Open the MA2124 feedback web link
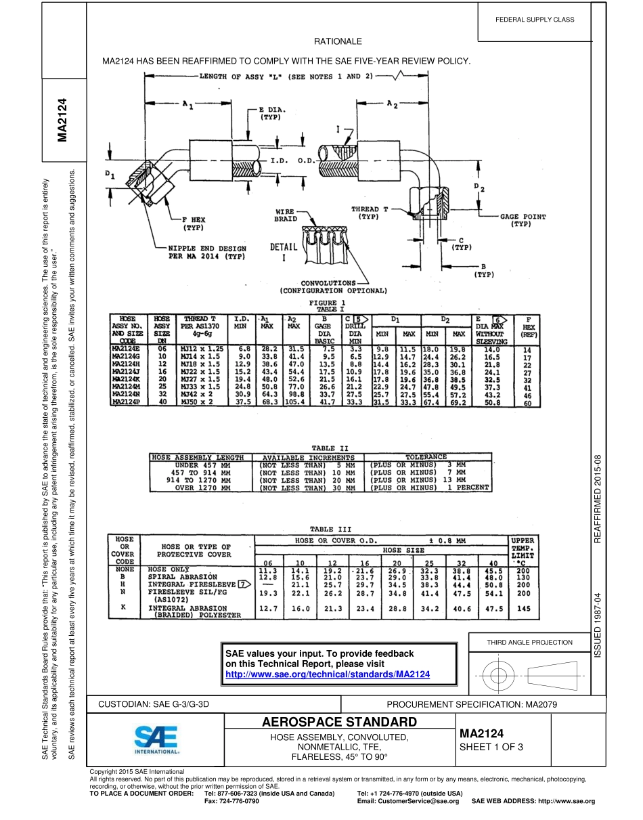pos(327,675)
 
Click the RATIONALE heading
pos(338,42)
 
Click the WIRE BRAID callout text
pos(286,215)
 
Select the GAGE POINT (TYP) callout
pos(523,220)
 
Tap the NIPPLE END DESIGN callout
pos(206,253)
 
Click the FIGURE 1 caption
pos(328,302)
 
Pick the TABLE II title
pos(330,448)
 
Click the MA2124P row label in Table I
pos(126,402)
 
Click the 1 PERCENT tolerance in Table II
pos(466,488)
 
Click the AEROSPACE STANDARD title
pos(339,721)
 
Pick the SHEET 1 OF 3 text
pos(491,747)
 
